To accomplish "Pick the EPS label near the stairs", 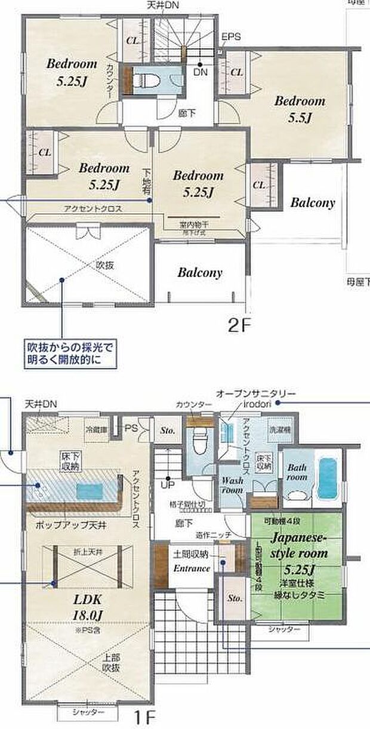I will click(231, 37).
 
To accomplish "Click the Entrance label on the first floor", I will click(192, 568).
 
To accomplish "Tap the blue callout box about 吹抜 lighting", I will click(69, 353).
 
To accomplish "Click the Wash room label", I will click(232, 485).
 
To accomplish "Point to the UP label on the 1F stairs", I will click(169, 485).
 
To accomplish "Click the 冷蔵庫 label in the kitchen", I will click(95, 429).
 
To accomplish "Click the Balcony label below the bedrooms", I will click(200, 273).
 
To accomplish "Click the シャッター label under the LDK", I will click(88, 713).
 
